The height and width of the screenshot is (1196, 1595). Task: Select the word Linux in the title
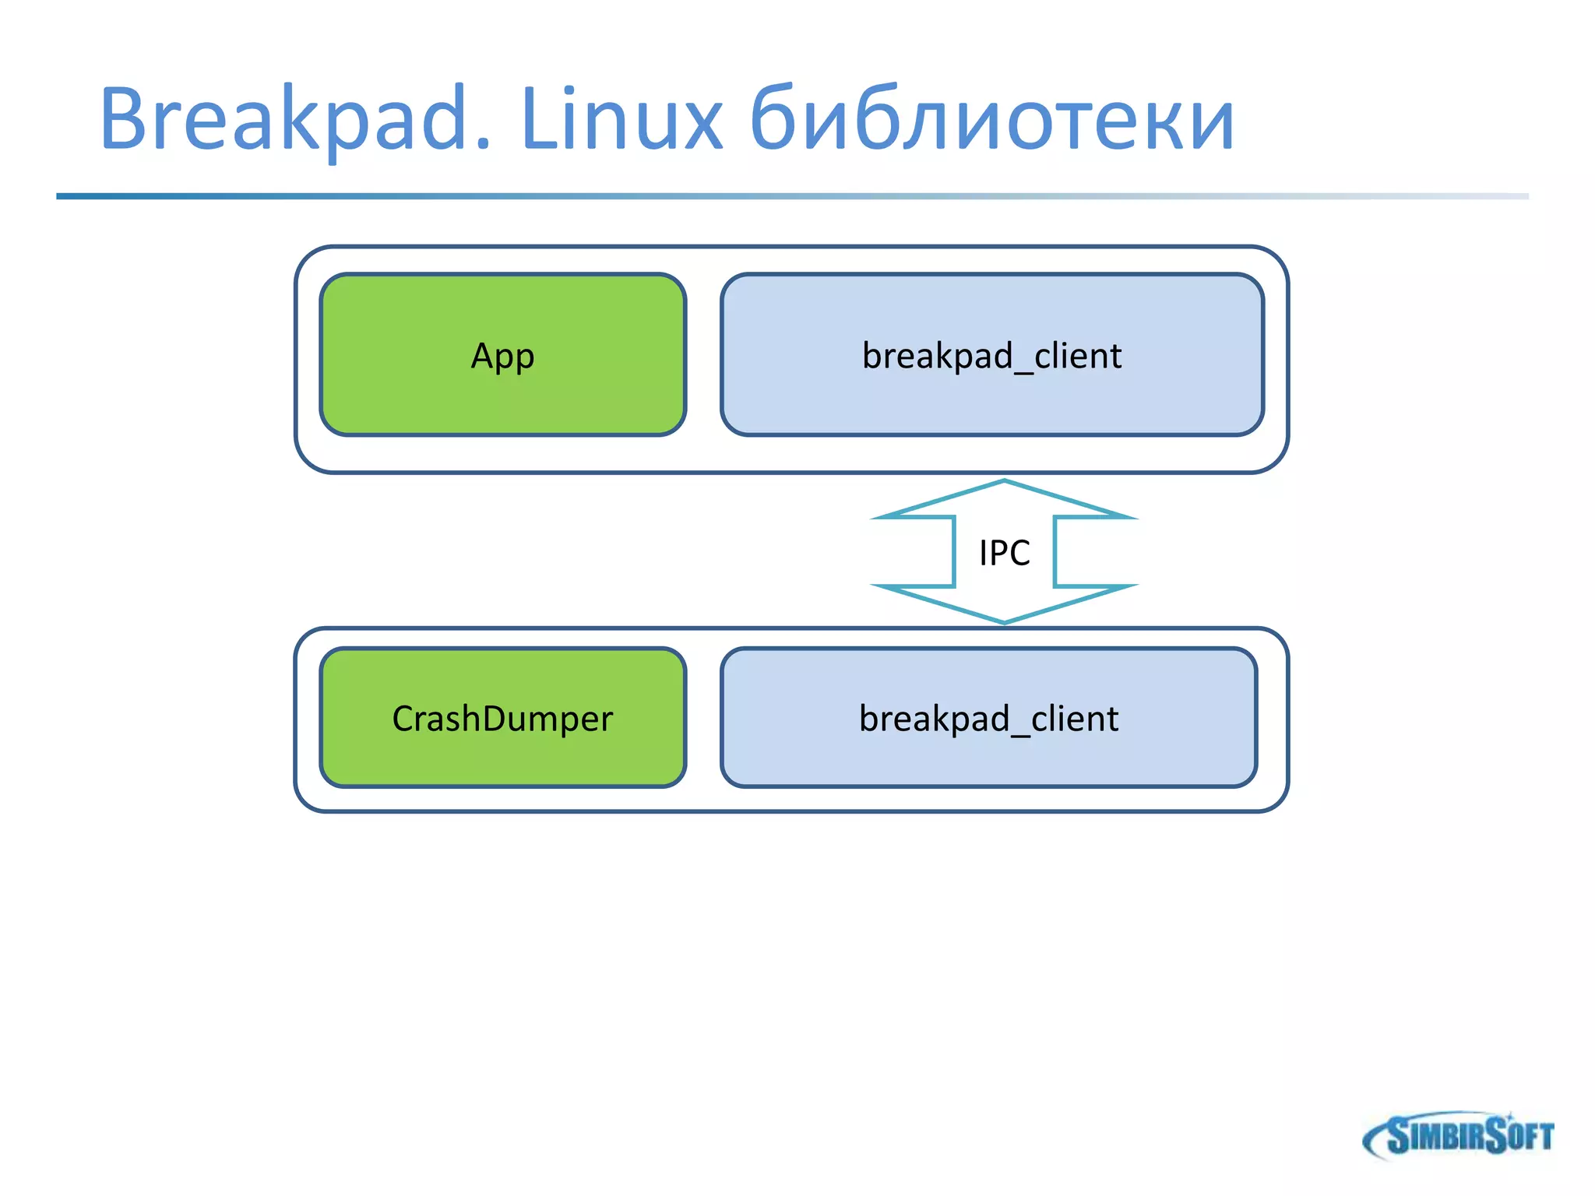pyautogui.click(x=621, y=121)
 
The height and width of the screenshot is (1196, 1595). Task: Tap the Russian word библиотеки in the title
pyautogui.click(x=991, y=121)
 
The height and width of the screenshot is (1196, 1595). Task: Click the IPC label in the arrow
pyautogui.click(x=1004, y=553)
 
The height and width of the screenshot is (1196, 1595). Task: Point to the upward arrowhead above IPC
pyautogui.click(x=1004, y=498)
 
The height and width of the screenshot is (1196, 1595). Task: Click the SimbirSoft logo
pyautogui.click(x=1459, y=1135)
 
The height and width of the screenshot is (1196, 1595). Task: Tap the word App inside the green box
pyautogui.click(x=502, y=357)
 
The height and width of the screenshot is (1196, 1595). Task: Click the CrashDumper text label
pyautogui.click(x=502, y=719)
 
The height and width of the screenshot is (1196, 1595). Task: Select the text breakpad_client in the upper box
pyautogui.click(x=991, y=357)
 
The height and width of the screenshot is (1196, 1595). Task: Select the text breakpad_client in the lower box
pyautogui.click(x=988, y=719)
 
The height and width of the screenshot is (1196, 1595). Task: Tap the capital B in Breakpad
pyautogui.click(x=125, y=118)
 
